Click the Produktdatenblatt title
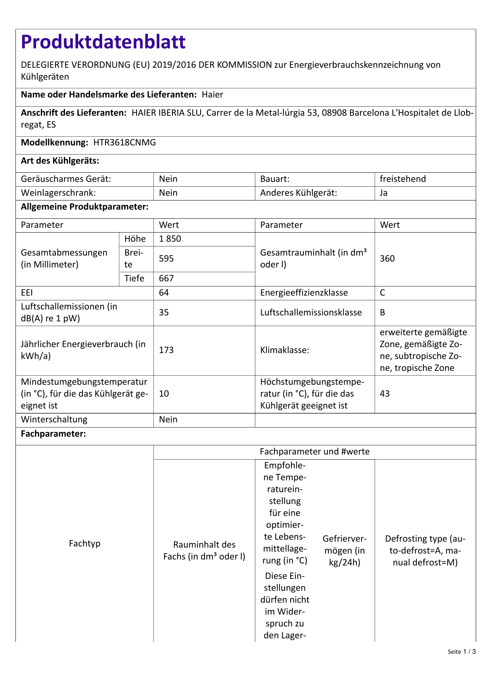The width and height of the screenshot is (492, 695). pos(103,42)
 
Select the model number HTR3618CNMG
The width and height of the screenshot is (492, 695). pos(124,143)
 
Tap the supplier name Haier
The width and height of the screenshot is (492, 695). pos(212,95)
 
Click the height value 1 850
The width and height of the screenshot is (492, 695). pos(170,239)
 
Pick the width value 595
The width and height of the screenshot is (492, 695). pos(166,259)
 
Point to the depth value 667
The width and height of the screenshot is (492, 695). pos(166,279)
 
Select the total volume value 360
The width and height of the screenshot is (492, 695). pos(387,259)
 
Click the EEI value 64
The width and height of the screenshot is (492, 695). pos(164,293)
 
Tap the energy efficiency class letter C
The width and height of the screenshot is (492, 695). pos(383,293)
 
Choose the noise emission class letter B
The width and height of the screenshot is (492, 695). pos(383,313)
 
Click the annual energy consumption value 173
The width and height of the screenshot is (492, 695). pos(166,350)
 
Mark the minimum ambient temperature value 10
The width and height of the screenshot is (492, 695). pos(164,394)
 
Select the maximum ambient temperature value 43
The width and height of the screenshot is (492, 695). pos(385,394)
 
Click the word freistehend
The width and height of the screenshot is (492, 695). pos(402,179)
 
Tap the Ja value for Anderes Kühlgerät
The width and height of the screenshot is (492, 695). pos(383,193)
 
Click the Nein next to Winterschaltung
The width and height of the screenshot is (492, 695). pos(168,420)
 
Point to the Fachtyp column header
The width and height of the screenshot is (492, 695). pos(84,544)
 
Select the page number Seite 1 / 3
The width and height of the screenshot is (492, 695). pos(461,652)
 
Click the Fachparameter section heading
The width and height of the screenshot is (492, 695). pos(53,434)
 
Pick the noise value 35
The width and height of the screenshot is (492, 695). pos(164,313)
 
